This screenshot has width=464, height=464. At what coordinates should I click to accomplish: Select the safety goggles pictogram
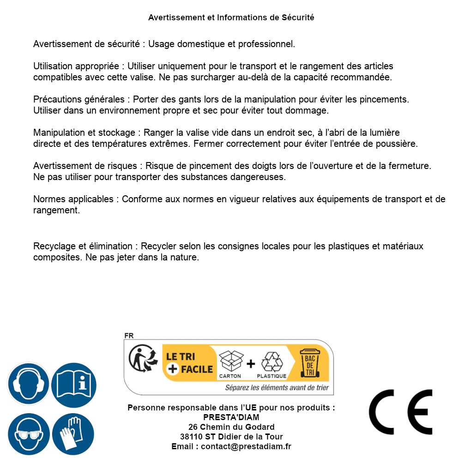pyautogui.click(x=29, y=434)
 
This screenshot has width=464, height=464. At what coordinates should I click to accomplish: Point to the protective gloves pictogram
pyautogui.click(x=73, y=434)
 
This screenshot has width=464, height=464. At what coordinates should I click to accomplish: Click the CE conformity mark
pyautogui.click(x=401, y=412)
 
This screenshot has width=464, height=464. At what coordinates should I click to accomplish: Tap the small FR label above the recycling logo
pyautogui.click(x=129, y=336)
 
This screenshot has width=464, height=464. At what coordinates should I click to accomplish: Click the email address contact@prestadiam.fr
pyautogui.click(x=246, y=446)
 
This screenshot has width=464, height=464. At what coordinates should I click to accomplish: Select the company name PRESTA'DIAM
pyautogui.click(x=231, y=417)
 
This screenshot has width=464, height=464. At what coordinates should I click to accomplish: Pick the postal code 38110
pyautogui.click(x=191, y=437)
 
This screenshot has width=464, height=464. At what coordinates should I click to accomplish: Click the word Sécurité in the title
pyautogui.click(x=298, y=18)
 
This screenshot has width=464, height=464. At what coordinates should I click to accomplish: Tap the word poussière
pyautogui.click(x=397, y=144)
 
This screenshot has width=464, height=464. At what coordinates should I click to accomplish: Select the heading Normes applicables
pyautogui.click(x=73, y=199)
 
